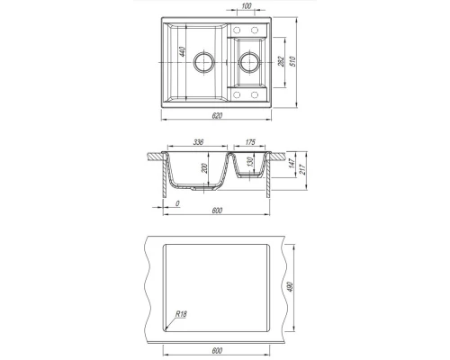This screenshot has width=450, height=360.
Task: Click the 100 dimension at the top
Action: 246,5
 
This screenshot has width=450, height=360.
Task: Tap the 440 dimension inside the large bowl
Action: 182,51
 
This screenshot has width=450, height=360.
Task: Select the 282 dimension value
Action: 282,61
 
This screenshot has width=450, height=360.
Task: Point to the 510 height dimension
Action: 293,61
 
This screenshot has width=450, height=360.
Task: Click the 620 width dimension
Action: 217,115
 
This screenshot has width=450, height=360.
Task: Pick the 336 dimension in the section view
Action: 198,142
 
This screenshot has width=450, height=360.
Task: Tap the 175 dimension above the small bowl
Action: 250,142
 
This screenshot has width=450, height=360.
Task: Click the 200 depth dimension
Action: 204,168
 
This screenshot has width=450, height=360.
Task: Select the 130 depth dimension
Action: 250,162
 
